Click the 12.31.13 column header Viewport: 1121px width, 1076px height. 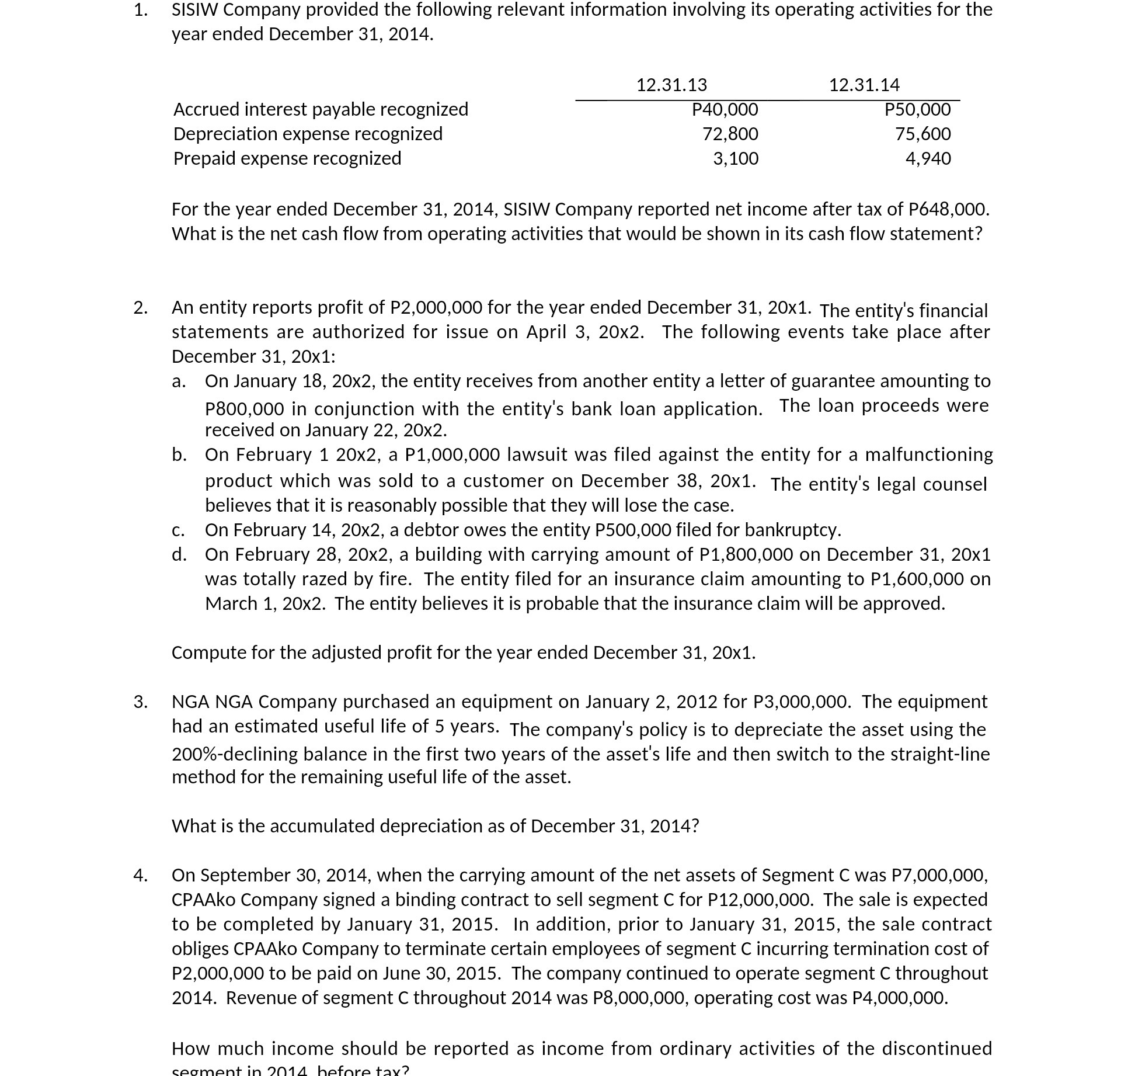tap(671, 85)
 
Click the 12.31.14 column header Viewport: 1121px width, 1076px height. tap(864, 85)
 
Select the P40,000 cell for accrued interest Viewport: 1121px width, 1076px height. tap(725, 109)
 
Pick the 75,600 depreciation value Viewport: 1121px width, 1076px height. tap(922, 134)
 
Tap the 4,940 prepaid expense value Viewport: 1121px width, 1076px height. tap(928, 158)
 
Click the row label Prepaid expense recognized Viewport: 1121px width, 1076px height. tap(287, 158)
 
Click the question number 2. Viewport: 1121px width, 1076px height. tap(140, 307)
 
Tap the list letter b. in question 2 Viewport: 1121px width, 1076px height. tap(179, 454)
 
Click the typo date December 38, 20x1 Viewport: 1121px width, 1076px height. tap(668, 481)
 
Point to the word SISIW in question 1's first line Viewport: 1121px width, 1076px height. tap(194, 9)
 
